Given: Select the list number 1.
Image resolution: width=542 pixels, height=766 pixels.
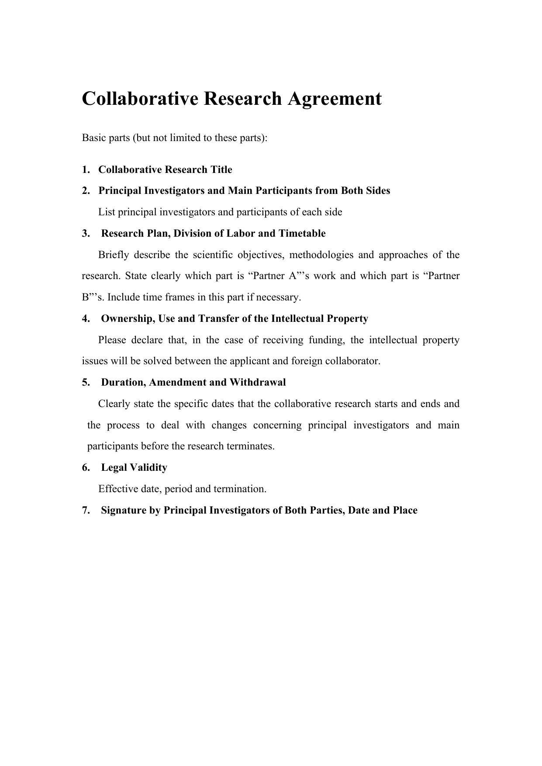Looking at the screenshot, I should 85,170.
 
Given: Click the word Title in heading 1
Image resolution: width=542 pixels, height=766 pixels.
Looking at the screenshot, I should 221,170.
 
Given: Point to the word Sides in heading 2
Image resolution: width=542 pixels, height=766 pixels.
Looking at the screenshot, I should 377,191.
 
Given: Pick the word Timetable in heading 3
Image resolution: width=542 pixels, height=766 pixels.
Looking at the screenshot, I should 302,234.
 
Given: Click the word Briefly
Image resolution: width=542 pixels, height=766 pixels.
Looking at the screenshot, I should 113,255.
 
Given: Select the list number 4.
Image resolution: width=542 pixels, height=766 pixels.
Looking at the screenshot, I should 85,319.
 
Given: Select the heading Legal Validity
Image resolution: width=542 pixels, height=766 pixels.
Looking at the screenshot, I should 134,468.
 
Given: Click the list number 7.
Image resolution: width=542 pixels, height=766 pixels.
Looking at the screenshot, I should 85,511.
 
